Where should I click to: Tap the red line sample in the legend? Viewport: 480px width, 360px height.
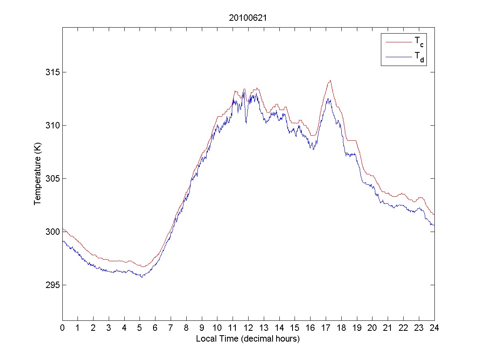click(x=398, y=42)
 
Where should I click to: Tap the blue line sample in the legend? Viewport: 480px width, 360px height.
click(x=398, y=58)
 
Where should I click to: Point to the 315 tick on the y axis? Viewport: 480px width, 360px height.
click(x=52, y=72)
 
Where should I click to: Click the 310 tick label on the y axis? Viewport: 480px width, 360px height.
click(x=52, y=126)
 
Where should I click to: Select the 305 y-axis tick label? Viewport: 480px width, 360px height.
click(x=52, y=179)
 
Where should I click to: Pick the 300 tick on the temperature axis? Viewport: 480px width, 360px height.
click(x=52, y=232)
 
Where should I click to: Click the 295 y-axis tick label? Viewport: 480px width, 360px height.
click(x=52, y=285)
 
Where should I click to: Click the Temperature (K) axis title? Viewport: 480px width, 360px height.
click(x=38, y=178)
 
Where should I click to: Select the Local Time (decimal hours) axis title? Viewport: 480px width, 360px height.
click(x=248, y=339)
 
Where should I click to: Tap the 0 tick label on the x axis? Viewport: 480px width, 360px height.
click(x=62, y=328)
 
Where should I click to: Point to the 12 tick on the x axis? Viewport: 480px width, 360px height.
click(x=248, y=328)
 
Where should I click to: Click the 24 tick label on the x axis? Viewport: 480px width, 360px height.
click(x=434, y=328)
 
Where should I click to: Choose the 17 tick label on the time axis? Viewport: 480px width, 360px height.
click(x=326, y=328)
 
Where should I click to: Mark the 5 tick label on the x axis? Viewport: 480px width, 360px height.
click(x=140, y=328)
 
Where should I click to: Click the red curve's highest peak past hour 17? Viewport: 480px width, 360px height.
click(x=330, y=81)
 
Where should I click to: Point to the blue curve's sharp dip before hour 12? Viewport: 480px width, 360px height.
click(x=246, y=123)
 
